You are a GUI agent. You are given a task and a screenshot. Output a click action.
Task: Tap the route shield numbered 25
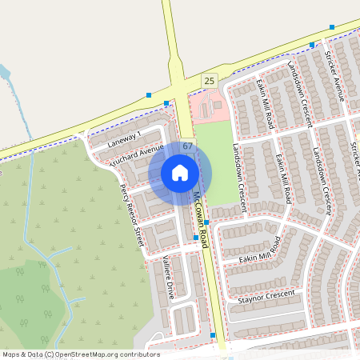click(210, 81)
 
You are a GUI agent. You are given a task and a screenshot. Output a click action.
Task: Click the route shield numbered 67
click(187, 146)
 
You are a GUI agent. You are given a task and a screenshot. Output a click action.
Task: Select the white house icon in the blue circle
click(180, 173)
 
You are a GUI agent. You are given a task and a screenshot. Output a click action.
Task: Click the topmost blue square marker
click(331, 26)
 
